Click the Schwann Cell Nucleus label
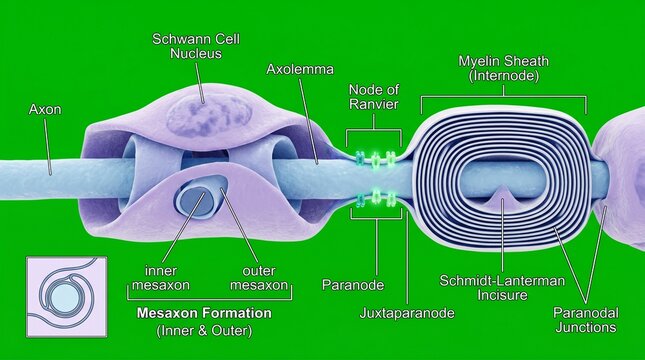pos(196,46)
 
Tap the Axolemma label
pos(300,69)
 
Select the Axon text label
pos(45,109)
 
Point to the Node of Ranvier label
pos(374,97)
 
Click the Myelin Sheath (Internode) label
pos(503,68)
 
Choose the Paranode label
pos(353,285)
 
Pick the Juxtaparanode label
pos(407,313)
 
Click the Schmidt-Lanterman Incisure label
pos(502,288)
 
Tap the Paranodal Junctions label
pos(586,320)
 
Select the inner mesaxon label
pos(161,278)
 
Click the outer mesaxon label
pos(259,278)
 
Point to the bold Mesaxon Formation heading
pos(204,313)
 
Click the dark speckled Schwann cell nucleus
pos(209,115)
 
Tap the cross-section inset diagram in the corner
pos(67,297)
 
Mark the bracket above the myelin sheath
pos(504,99)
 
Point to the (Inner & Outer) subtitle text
pos(204,330)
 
